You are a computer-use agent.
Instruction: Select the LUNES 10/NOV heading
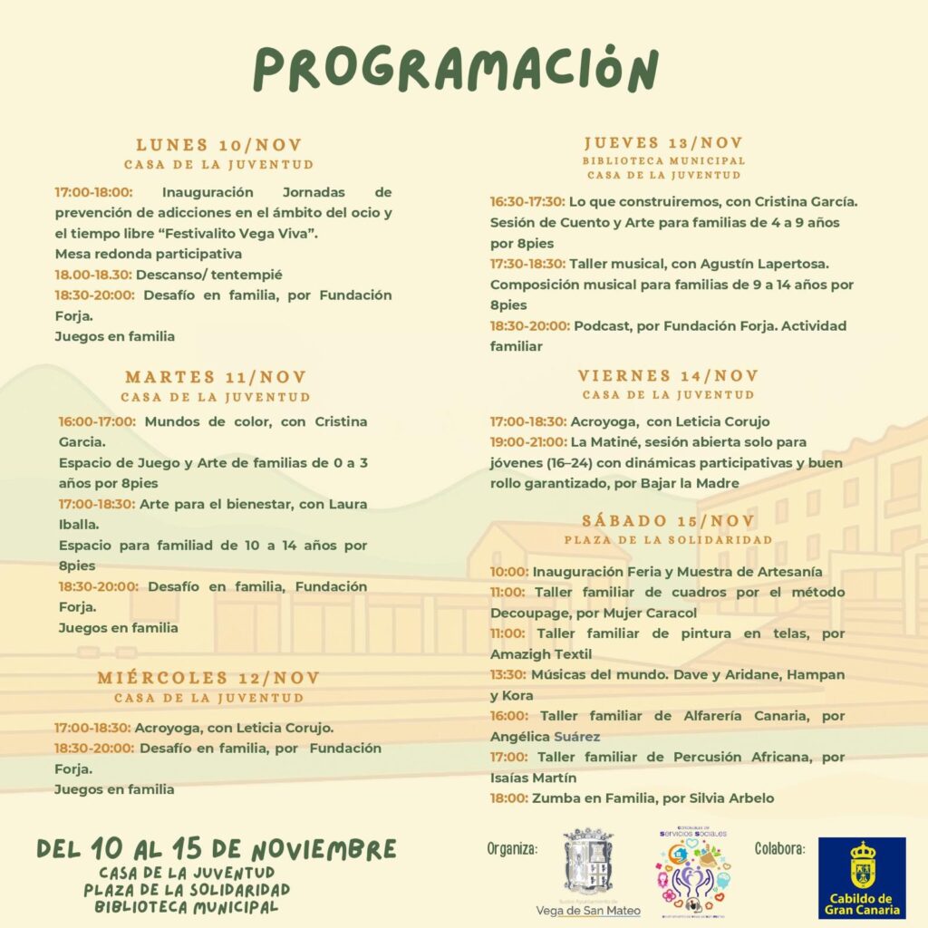tap(219, 145)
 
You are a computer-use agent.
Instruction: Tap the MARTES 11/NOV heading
tap(216, 377)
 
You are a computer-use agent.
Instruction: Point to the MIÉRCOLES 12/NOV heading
tap(209, 678)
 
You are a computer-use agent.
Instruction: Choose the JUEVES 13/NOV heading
tap(663, 142)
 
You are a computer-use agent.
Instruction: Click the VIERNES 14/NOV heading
tap(668, 375)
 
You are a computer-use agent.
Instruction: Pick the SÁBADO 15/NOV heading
tap(668, 520)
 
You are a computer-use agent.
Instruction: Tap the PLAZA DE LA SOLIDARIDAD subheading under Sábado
tap(668, 539)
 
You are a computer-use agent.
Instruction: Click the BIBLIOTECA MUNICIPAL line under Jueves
tap(663, 160)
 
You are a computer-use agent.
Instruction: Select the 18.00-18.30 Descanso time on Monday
tap(93, 275)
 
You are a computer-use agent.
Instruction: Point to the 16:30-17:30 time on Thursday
tap(527, 201)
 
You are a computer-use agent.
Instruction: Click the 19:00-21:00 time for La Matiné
tap(527, 442)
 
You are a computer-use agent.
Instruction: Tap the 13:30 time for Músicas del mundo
tap(508, 675)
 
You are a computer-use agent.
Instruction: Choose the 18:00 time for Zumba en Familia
tap(508, 798)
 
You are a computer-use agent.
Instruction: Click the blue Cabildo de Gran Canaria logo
tap(862, 877)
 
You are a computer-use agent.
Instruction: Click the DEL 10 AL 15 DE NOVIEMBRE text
tap(217, 849)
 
